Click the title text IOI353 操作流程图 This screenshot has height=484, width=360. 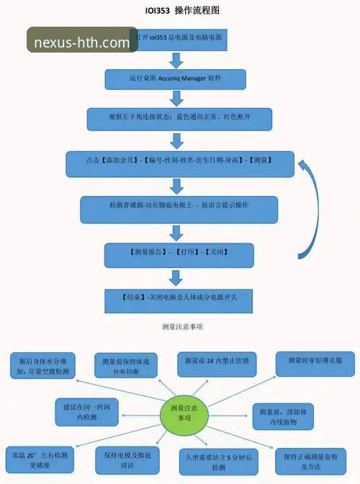(181, 10)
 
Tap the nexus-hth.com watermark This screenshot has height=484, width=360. (82, 42)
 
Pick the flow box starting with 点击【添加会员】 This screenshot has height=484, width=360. (180, 163)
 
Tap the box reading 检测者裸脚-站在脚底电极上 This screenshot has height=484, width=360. (179, 209)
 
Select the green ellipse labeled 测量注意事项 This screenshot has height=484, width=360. (181, 413)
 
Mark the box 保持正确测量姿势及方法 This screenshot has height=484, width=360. (315, 460)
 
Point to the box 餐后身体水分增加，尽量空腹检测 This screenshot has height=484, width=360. (42, 364)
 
